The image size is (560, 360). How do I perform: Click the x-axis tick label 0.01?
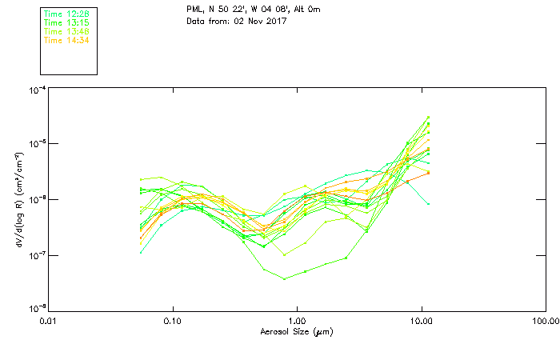[x=49, y=321]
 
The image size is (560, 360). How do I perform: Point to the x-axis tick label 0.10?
[x=173, y=321]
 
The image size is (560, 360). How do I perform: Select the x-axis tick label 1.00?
[x=297, y=321]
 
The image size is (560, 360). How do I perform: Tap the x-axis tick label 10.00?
[x=421, y=321]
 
